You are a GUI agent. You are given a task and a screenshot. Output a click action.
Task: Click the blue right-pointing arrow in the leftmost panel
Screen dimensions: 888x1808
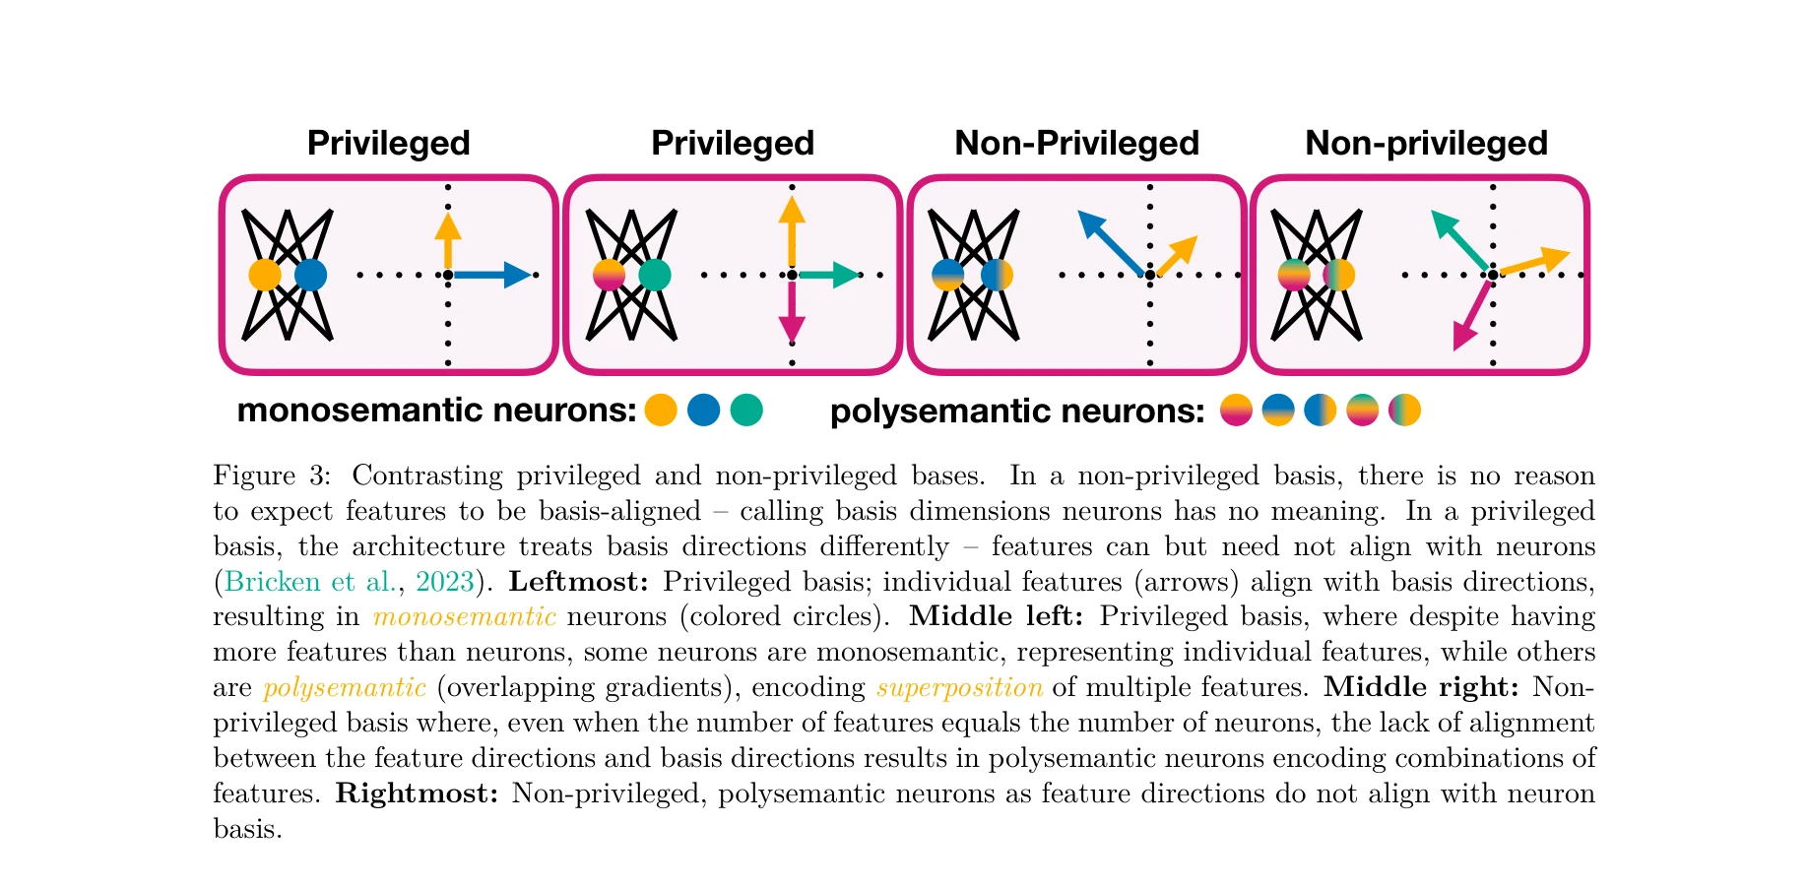492,275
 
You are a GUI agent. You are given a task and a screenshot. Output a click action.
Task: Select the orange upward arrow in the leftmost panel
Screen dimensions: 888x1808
448,242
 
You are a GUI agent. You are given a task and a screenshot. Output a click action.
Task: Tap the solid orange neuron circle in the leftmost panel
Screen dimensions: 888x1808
265,275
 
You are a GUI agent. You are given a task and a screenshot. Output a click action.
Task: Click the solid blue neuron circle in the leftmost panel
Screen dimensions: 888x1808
310,275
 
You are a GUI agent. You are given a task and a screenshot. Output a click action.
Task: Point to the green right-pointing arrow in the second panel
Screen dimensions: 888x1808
829,275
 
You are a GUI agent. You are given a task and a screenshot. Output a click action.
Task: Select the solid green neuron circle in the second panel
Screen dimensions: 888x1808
654,275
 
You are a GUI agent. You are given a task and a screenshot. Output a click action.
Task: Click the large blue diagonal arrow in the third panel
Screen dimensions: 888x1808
1111,242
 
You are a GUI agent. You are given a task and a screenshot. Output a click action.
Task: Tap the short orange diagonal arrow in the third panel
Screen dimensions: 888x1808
1177,256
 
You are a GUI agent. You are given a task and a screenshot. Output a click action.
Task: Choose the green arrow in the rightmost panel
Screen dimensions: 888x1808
1458,239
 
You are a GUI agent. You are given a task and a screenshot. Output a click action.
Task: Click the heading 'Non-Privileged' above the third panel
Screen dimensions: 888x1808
1076,144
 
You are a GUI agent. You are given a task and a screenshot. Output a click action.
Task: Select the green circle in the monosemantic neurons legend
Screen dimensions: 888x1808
746,410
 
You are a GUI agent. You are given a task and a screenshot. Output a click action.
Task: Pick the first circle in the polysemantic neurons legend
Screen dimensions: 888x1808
1236,410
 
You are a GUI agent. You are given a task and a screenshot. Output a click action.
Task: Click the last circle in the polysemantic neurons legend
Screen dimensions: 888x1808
1404,410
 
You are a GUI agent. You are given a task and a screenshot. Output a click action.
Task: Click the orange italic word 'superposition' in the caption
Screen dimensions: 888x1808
959,687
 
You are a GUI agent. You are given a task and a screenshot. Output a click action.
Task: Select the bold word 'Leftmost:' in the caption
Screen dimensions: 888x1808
578,582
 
